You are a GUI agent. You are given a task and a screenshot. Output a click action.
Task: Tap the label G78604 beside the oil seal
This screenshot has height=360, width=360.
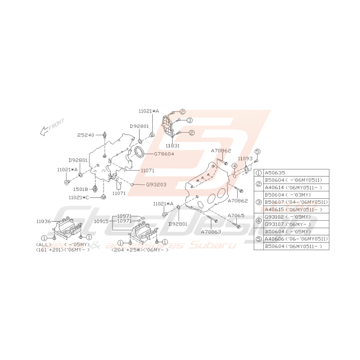tap(164, 154)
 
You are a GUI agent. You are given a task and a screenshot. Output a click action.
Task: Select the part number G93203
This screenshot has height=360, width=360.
tap(156, 184)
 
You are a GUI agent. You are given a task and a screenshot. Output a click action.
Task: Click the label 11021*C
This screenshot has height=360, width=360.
tap(79, 198)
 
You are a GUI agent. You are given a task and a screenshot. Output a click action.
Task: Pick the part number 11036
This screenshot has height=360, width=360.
tap(44, 222)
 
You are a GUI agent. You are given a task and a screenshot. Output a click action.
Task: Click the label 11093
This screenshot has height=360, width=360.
tap(245, 159)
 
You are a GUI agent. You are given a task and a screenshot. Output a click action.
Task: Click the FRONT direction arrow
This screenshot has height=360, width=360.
tap(51, 127)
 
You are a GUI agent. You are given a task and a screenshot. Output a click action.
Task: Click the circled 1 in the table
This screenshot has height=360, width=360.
tap(258, 173)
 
